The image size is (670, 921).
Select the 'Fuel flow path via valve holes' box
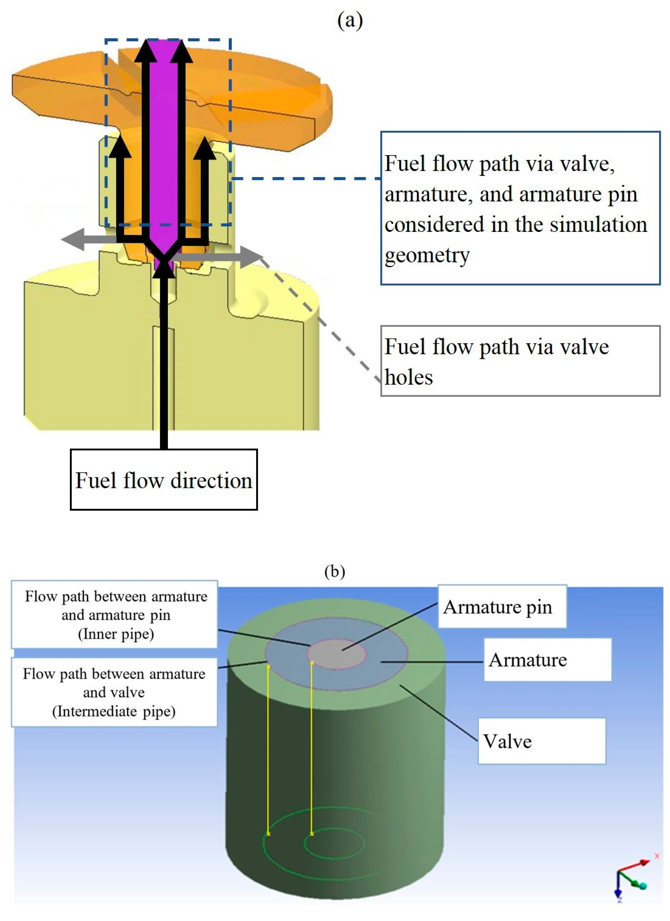point(520,361)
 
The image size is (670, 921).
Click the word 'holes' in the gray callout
point(409,377)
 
